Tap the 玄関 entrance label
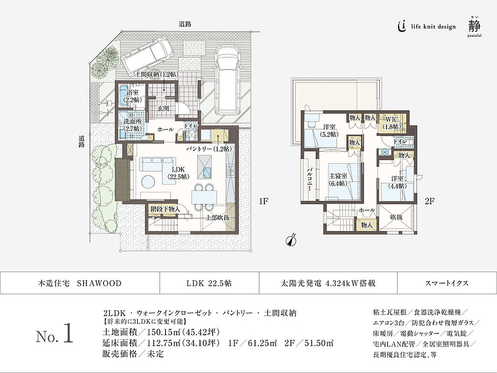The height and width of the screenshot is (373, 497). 163,108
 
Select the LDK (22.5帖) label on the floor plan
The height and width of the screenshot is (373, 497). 178,173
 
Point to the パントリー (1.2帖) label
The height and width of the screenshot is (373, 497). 208,149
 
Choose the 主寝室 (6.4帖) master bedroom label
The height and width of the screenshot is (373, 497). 338,180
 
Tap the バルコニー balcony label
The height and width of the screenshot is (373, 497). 309,180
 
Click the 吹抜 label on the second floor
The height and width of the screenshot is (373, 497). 396,217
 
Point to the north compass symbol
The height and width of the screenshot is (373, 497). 290,240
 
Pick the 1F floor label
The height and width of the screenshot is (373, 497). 263,201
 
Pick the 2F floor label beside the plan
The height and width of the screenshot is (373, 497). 429,201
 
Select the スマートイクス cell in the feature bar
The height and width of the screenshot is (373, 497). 447,283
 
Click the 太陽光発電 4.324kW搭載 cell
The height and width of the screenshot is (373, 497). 328,283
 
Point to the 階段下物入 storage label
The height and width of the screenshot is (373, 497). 165,209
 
